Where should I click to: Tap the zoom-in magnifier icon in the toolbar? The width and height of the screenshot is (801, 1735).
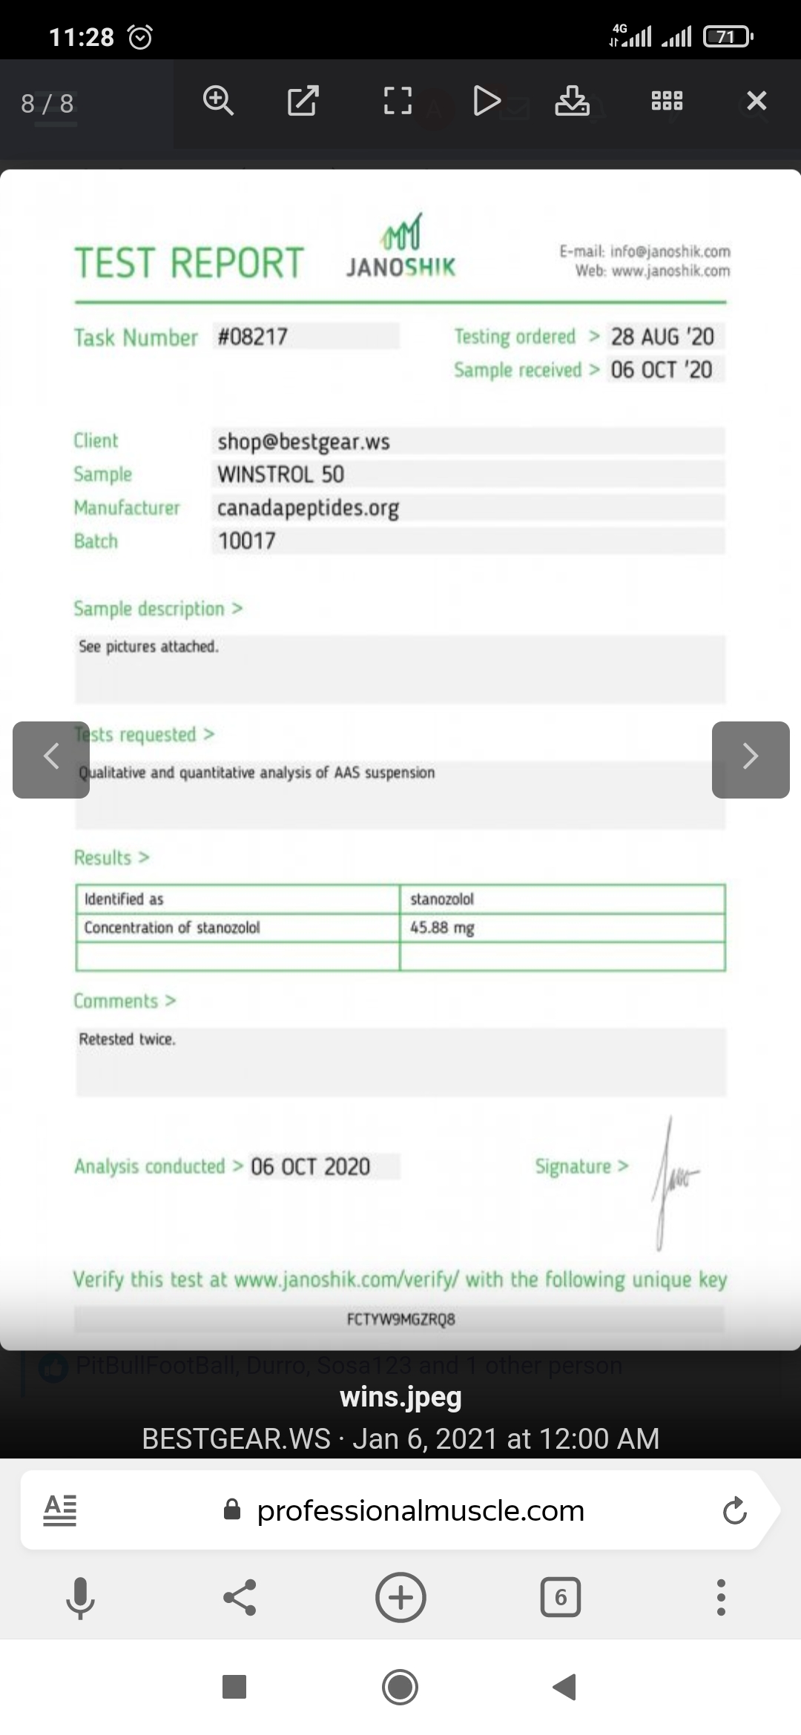click(x=218, y=101)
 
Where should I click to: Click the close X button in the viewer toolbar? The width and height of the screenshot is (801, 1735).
click(x=756, y=101)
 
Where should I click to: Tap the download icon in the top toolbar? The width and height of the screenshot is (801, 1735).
click(x=572, y=101)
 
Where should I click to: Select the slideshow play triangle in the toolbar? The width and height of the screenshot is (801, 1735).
click(x=486, y=101)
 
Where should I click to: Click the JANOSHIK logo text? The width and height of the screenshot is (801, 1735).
click(x=400, y=267)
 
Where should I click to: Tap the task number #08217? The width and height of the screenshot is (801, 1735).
click(x=253, y=337)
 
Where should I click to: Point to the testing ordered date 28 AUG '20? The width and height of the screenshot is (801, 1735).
click(x=662, y=337)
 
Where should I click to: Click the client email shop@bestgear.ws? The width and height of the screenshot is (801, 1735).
click(x=303, y=441)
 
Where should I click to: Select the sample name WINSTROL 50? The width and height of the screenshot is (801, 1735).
click(x=280, y=475)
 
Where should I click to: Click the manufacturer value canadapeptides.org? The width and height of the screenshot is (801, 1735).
click(x=308, y=508)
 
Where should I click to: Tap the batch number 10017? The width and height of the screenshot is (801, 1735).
click(x=246, y=541)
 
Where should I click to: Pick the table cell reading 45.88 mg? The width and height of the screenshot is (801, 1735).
click(x=442, y=928)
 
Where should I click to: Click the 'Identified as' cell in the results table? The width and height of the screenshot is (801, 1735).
click(x=124, y=899)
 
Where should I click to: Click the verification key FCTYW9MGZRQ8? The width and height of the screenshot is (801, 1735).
click(x=400, y=1319)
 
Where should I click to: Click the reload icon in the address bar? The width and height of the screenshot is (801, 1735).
click(x=734, y=1510)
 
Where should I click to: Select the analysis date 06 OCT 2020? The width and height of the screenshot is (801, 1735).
click(x=310, y=1166)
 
